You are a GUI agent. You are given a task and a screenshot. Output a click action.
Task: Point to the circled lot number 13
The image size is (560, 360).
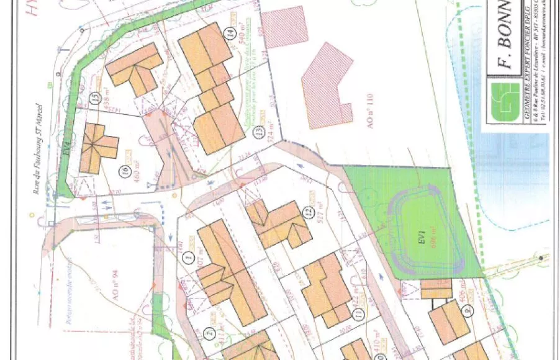pyautogui.click(x=263, y=132)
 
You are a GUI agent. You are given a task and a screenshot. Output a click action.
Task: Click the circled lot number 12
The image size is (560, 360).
pyautogui.click(x=306, y=212)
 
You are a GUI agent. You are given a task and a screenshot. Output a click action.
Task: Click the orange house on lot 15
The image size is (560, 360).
pyautogui.click(x=134, y=69)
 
